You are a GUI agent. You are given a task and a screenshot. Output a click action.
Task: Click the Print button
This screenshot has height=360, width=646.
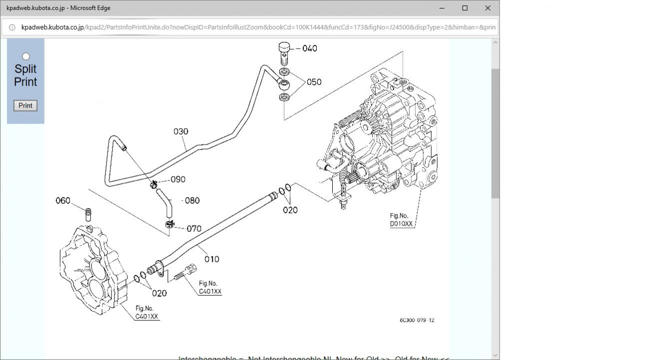pos(25,105)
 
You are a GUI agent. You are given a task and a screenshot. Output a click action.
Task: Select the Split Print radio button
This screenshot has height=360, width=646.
pos(26,56)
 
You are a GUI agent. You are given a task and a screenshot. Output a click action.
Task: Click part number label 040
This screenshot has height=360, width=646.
pos(310,48)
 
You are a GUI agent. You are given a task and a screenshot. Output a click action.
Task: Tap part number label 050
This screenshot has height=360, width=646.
pos(314,82)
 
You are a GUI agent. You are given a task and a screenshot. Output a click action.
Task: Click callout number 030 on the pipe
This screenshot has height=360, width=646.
pos(181,131)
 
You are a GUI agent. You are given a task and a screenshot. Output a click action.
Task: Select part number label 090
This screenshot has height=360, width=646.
pos(178,179)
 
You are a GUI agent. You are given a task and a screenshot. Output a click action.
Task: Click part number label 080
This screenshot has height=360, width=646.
pos(192,200)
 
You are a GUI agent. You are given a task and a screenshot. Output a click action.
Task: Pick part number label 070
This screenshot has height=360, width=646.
pos(194,228)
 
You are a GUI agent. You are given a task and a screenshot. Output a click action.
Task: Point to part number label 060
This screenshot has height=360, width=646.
pos(63,200)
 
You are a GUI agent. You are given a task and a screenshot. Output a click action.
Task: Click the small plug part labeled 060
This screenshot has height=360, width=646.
pos(88,214)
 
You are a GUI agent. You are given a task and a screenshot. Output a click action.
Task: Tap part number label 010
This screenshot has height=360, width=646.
pos(212,259)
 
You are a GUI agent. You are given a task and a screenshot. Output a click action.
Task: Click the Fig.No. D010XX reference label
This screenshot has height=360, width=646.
pos(402,220)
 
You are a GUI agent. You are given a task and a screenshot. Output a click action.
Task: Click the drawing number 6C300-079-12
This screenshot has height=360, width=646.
pos(417,320)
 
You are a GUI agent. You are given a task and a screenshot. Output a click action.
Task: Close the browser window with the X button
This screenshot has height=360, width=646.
pos(488,8)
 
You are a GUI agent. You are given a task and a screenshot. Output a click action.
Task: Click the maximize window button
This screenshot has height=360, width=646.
pos(465,8)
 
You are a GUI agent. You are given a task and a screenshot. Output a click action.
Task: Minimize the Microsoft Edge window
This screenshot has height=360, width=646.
pos(442,8)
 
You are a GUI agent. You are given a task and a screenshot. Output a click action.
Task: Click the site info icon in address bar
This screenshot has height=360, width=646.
pos(12,27)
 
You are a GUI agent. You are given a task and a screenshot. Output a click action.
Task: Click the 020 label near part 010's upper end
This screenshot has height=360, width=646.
pos(290,210)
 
